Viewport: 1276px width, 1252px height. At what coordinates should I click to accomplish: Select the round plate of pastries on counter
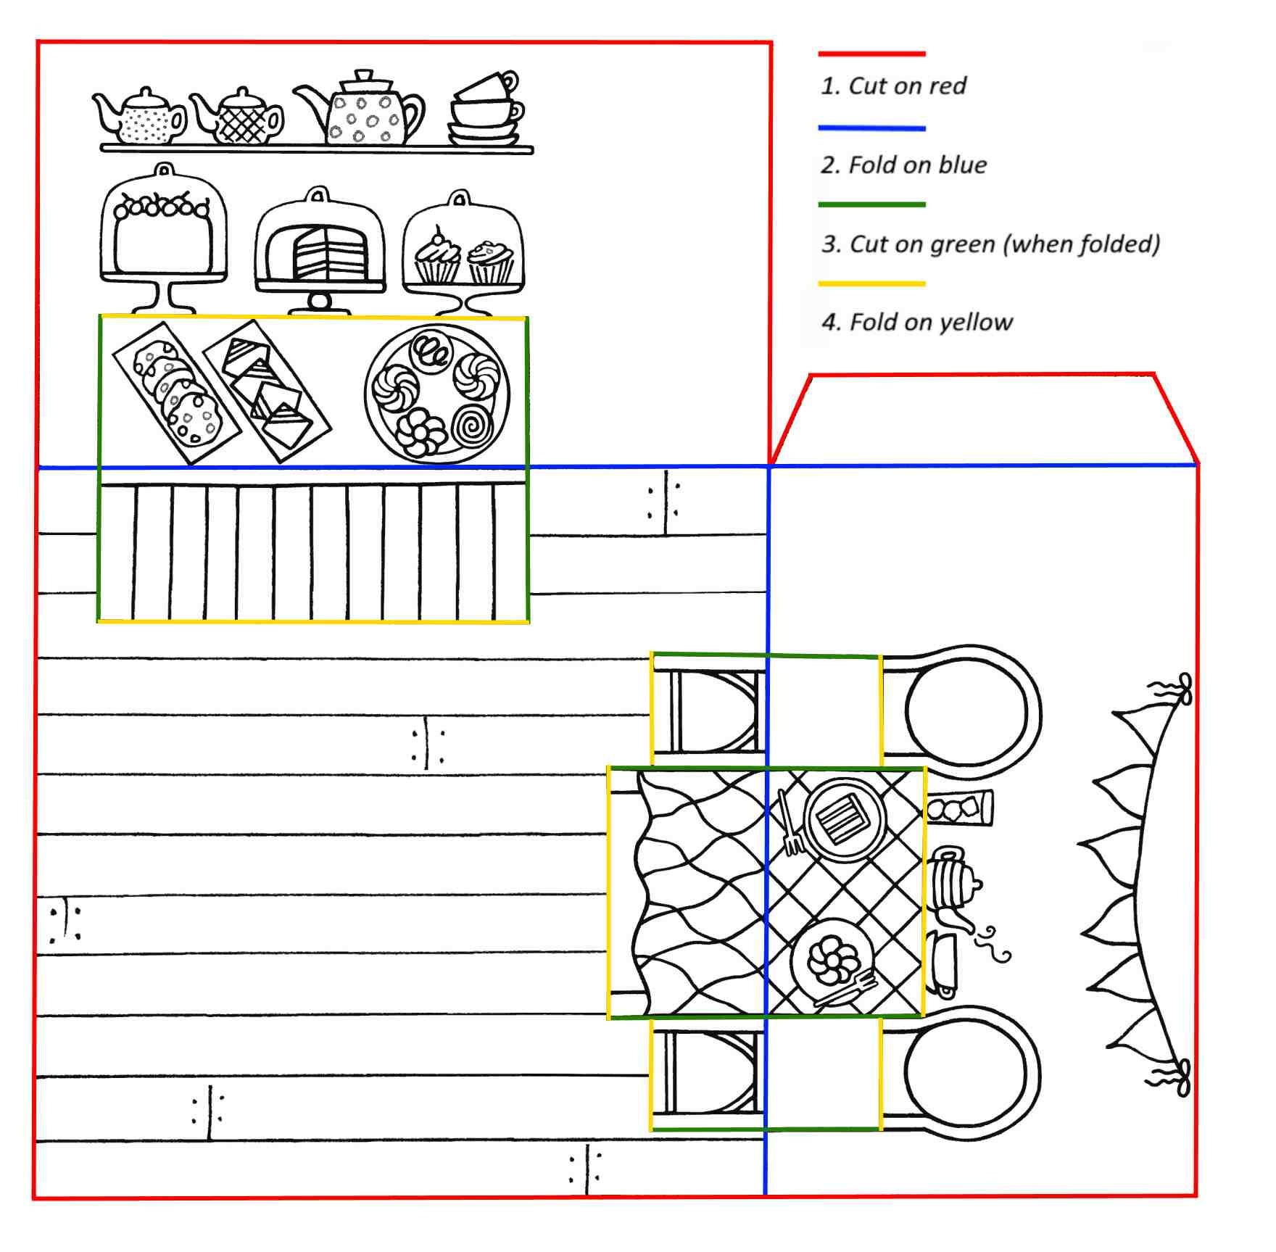[x=437, y=394]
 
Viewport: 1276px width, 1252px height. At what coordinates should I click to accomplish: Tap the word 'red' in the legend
[x=948, y=86]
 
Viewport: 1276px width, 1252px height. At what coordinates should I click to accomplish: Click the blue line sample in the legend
[x=871, y=129]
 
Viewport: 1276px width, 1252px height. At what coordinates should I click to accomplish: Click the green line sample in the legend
[x=871, y=205]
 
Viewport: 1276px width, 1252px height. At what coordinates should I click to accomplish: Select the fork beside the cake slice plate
[x=790, y=823]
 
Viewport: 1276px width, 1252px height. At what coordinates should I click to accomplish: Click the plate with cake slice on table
[x=843, y=819]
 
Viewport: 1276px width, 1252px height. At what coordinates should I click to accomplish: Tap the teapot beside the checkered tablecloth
[x=954, y=888]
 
